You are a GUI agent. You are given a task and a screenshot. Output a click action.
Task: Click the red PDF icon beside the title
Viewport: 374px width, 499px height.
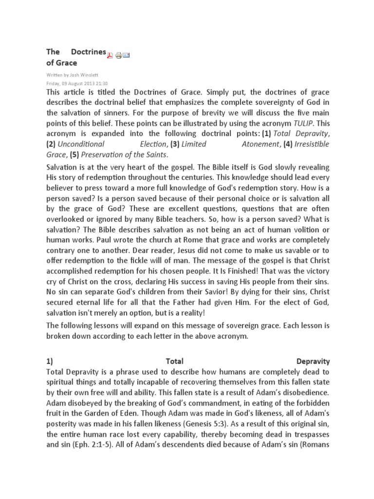pyautogui.click(x=110, y=55)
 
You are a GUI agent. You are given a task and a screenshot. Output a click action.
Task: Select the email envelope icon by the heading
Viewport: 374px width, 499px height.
pyautogui.click(x=126, y=55)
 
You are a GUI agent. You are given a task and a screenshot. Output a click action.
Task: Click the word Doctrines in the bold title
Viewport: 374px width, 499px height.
pyautogui.click(x=89, y=51)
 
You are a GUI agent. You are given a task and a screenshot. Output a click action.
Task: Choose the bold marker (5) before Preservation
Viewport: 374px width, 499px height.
pyautogui.click(x=74, y=154)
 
